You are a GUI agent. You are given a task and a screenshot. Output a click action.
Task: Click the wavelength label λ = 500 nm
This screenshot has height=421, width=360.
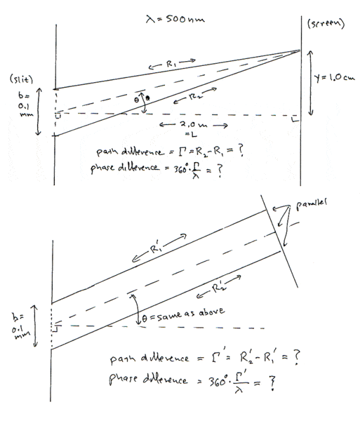point(175,19)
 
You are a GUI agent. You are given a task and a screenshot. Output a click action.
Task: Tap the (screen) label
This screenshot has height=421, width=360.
point(326,24)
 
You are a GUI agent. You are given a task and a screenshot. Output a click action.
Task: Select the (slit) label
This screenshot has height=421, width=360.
point(21,79)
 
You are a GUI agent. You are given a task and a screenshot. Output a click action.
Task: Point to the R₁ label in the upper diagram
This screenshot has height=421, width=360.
point(171,64)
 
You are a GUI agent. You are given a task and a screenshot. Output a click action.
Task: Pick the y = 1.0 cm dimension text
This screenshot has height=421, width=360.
point(334,78)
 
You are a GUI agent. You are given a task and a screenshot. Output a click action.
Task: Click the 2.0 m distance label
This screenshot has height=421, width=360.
point(193,125)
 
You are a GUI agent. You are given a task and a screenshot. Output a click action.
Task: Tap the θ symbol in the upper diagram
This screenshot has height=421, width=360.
point(136,100)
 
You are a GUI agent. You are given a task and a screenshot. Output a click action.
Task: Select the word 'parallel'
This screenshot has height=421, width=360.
point(312,205)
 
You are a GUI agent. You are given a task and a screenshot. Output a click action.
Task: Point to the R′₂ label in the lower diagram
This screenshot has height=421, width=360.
point(219,288)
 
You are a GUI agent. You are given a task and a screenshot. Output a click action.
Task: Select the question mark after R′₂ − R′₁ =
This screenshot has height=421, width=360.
point(295,357)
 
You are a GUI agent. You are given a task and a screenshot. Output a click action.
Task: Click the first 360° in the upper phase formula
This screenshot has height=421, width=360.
point(180,169)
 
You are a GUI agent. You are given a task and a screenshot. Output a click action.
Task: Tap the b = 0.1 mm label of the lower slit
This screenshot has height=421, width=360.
point(20,326)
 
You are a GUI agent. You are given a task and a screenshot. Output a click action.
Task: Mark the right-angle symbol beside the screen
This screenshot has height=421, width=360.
point(295,119)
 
